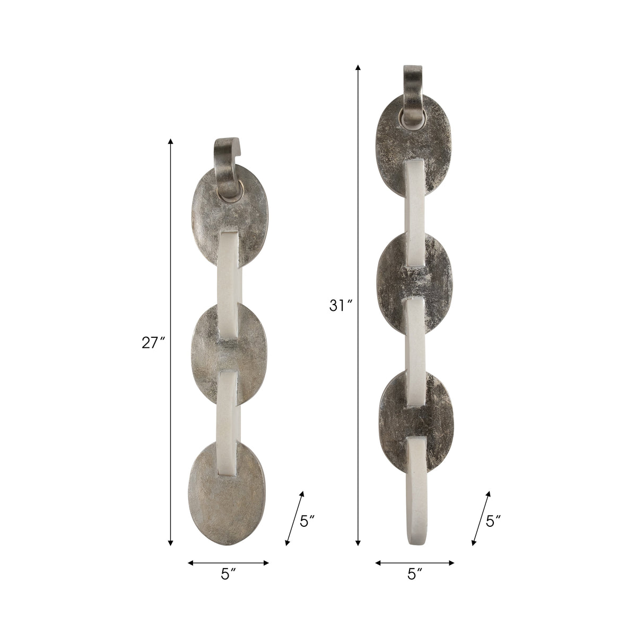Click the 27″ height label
154,343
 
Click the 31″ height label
340,305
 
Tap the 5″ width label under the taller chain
415,575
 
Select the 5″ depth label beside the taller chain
493,521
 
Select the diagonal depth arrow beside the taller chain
480,518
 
